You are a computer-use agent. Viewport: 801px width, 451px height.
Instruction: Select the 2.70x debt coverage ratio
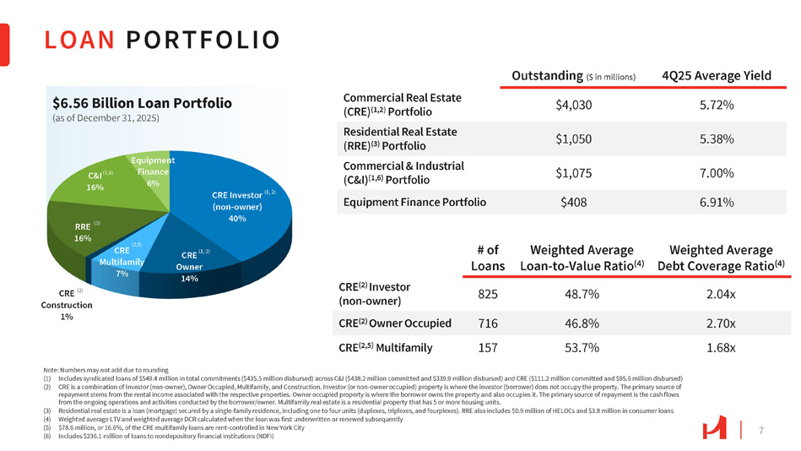point(720,323)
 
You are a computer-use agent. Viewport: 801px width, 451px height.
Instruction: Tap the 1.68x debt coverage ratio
point(720,347)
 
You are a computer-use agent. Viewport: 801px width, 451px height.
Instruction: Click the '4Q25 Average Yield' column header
point(717,75)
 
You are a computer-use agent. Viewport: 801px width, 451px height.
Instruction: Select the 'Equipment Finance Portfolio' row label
point(414,203)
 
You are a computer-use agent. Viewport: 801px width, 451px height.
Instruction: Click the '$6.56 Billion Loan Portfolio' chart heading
point(141,103)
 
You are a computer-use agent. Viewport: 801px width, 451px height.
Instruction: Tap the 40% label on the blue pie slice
point(236,220)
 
